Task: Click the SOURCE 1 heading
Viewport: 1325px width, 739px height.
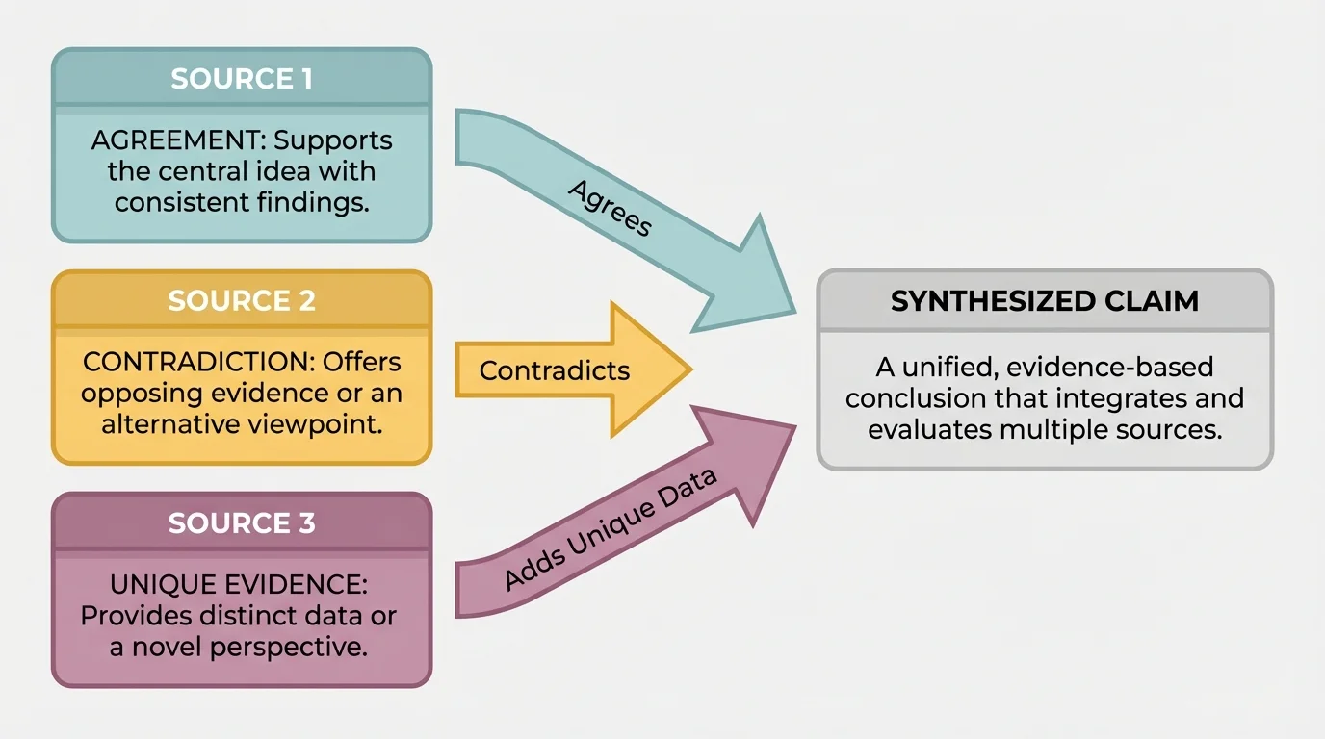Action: pos(242,79)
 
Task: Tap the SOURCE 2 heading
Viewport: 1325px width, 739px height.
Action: pos(242,301)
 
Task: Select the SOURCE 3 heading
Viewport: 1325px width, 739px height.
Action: pos(242,523)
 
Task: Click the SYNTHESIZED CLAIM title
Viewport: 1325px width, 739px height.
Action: pos(1045,301)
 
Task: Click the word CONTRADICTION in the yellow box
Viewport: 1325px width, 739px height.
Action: pos(174,362)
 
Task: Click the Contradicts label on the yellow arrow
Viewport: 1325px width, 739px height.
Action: pos(555,370)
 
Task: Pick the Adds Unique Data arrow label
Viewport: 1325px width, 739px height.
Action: pos(611,530)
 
